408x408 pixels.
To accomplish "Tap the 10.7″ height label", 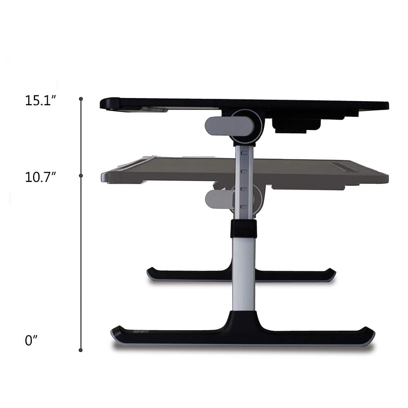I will pyautogui.click(x=40, y=177).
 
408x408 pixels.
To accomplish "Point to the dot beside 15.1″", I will pyautogui.click(x=81, y=99).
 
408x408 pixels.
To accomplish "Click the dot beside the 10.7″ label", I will pyautogui.click(x=81, y=175).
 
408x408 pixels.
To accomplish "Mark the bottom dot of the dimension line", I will pyautogui.click(x=81, y=350).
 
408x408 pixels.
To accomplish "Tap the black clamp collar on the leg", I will pyautogui.click(x=244, y=229).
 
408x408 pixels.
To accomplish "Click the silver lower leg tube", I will pyautogui.click(x=244, y=273).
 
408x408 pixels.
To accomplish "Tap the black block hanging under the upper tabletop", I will pyautogui.click(x=296, y=125).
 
